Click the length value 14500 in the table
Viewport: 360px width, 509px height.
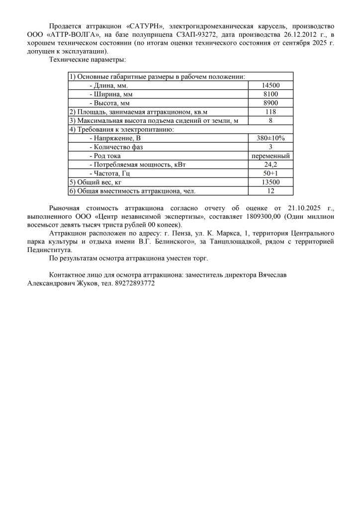(270, 85)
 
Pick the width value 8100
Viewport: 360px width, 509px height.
(270, 94)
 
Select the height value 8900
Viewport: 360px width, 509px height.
(270, 103)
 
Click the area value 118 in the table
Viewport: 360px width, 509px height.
(270, 112)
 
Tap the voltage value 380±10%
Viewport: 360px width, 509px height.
(270, 138)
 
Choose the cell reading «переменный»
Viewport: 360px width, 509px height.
(270, 156)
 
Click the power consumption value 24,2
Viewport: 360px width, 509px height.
(270, 164)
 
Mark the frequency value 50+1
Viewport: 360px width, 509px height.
(270, 173)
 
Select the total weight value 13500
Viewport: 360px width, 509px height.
(270, 182)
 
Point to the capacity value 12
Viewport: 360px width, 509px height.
(270, 190)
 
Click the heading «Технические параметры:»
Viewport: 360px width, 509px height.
(88, 60)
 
